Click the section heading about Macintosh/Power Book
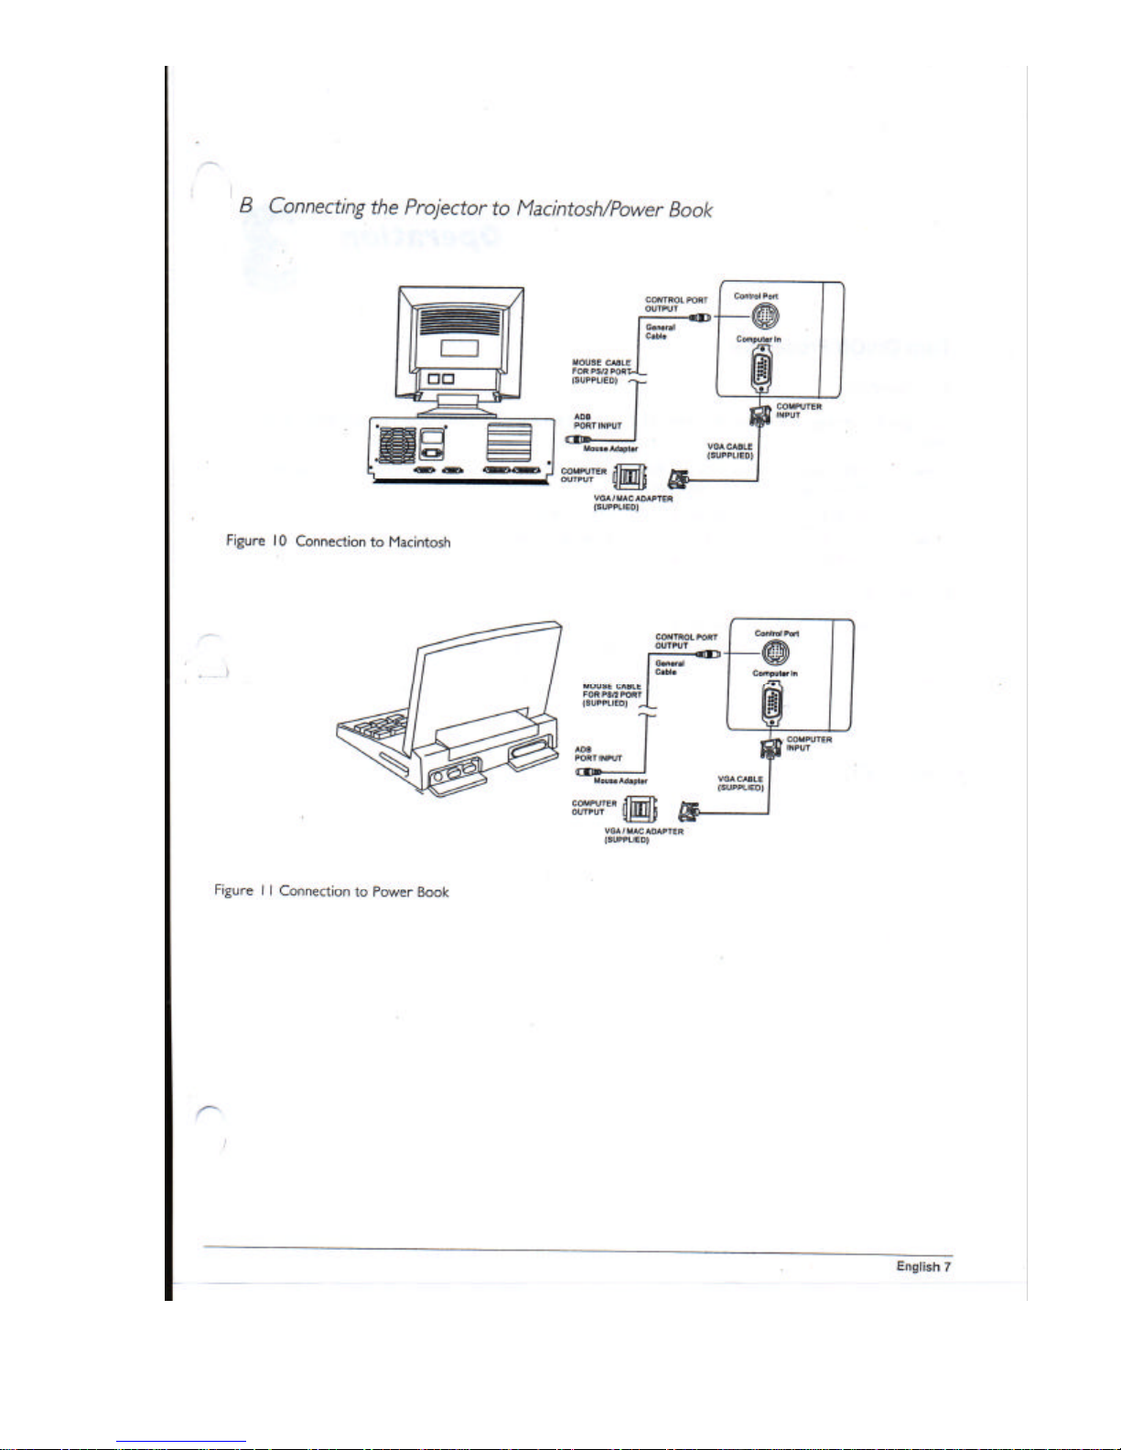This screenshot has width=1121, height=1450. click(x=476, y=208)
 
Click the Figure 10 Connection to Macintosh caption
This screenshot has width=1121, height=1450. click(x=338, y=542)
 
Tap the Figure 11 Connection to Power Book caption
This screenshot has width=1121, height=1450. click(x=331, y=891)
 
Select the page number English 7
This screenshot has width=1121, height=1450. click(x=923, y=1266)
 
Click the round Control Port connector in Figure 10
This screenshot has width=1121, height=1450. click(x=766, y=317)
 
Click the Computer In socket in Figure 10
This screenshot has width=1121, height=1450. click(x=761, y=374)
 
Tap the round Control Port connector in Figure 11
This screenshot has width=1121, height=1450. click(x=776, y=652)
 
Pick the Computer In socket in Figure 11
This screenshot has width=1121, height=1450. click(x=772, y=706)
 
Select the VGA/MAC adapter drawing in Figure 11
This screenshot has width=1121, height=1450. click(x=639, y=810)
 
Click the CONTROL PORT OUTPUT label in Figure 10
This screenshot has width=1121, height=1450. click(x=676, y=305)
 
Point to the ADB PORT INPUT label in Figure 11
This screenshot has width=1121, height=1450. click(x=598, y=754)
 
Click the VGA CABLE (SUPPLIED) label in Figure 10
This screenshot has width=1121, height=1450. click(x=730, y=451)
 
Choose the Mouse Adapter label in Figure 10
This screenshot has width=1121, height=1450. click(x=610, y=449)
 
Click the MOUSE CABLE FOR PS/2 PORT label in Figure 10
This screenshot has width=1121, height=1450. click(x=601, y=371)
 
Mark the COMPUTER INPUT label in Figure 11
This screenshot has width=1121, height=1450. click(x=809, y=744)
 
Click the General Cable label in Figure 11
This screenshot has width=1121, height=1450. click(x=670, y=668)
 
